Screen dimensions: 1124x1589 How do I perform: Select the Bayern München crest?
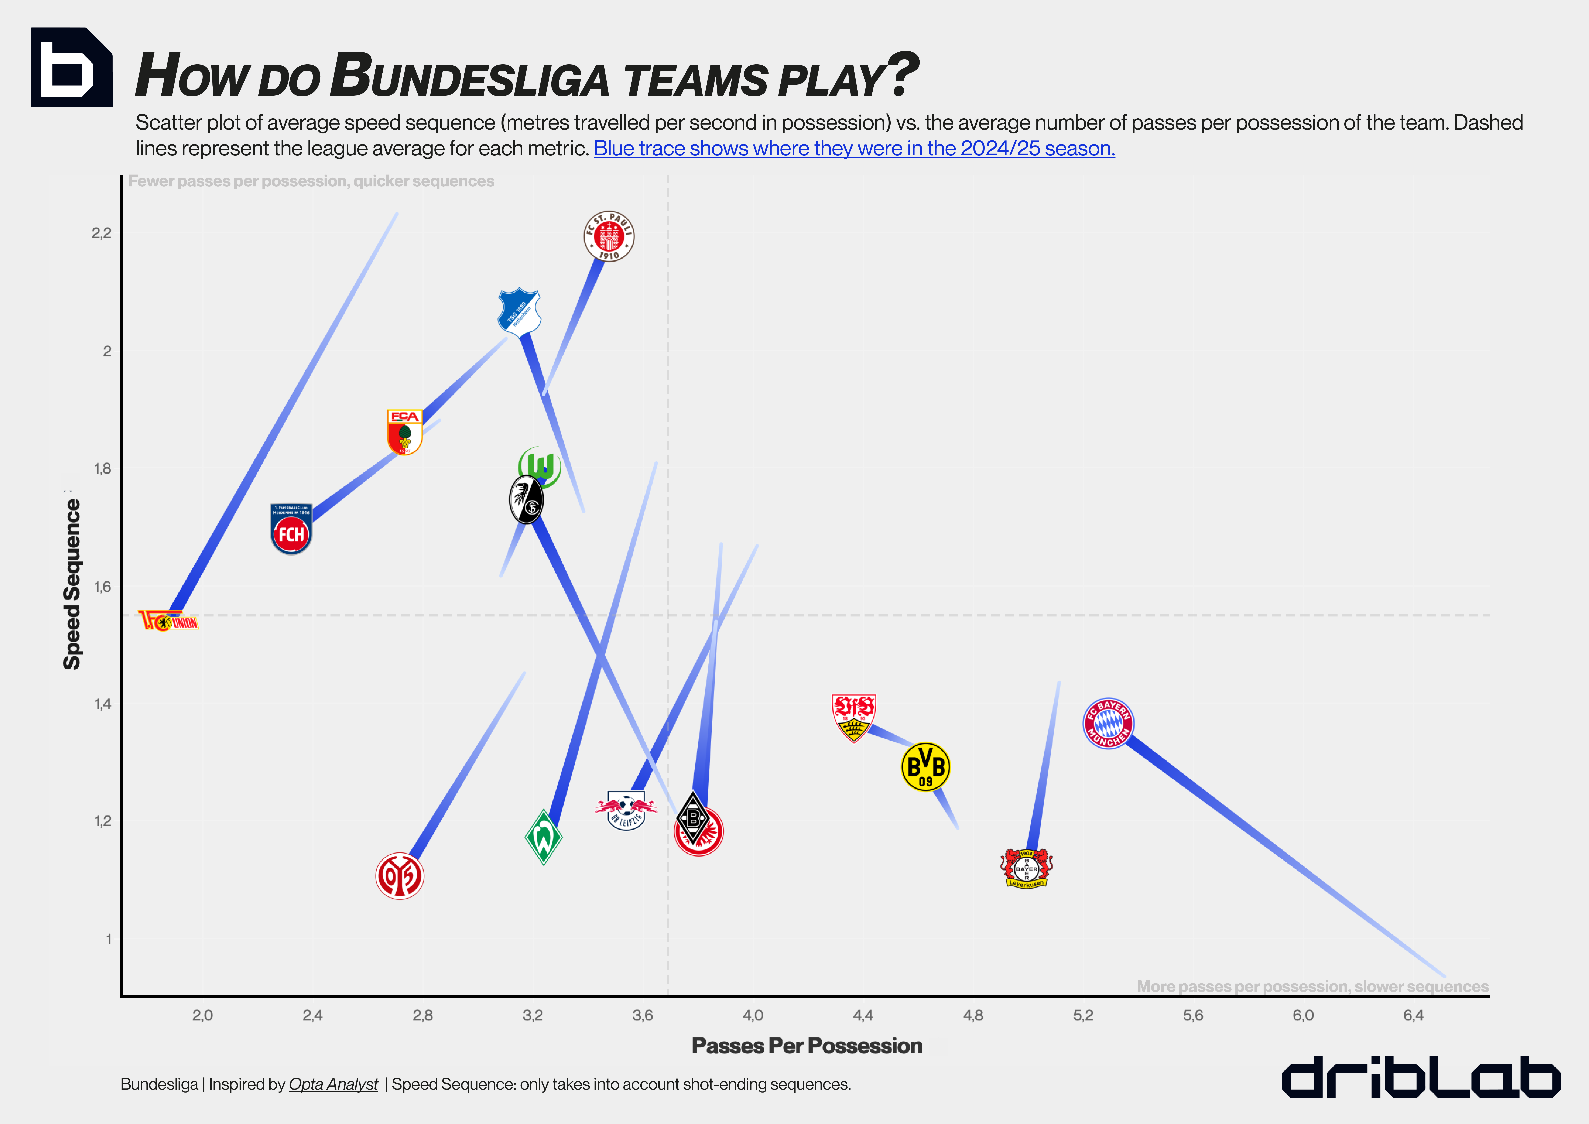point(1108,723)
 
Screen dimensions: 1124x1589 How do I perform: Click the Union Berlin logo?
point(168,621)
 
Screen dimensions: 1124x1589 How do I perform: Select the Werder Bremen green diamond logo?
point(543,838)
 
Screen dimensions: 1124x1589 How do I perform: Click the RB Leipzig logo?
point(626,810)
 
